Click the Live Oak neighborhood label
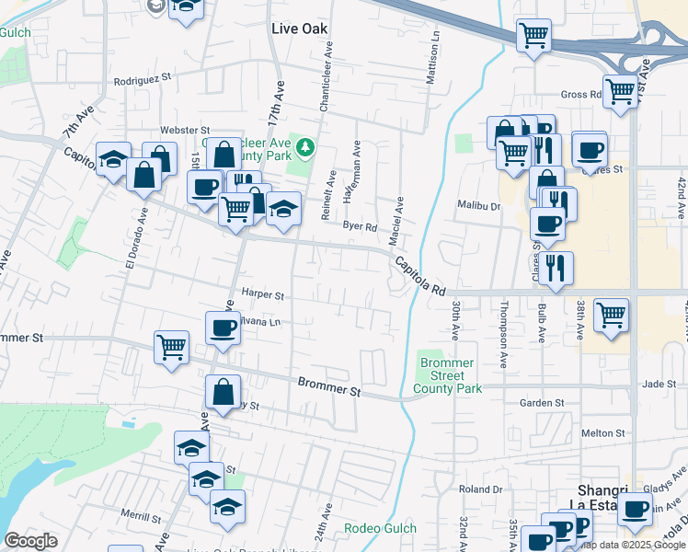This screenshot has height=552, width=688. (x=300, y=29)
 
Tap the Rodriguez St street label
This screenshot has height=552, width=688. (x=143, y=80)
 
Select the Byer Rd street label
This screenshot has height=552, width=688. (x=360, y=226)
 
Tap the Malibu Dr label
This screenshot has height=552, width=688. (x=479, y=206)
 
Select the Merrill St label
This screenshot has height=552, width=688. (x=141, y=517)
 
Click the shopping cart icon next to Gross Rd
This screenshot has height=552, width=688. (x=622, y=90)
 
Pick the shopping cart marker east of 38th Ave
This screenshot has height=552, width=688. (x=611, y=315)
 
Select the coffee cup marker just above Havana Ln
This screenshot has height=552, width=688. (x=222, y=328)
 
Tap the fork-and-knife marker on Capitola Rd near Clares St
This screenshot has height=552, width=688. (x=556, y=267)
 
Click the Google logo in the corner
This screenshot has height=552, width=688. (x=30, y=541)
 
